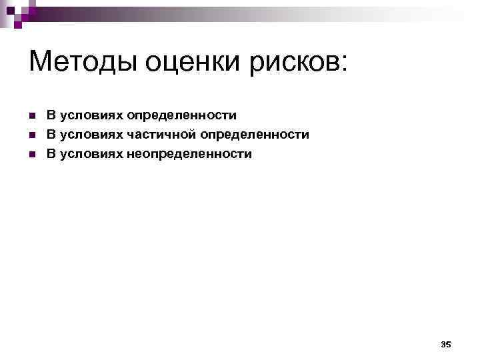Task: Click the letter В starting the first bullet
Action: pos(51,115)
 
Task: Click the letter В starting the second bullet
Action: pos(51,135)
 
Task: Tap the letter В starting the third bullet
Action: pos(51,154)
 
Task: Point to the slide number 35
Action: pos(446,344)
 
